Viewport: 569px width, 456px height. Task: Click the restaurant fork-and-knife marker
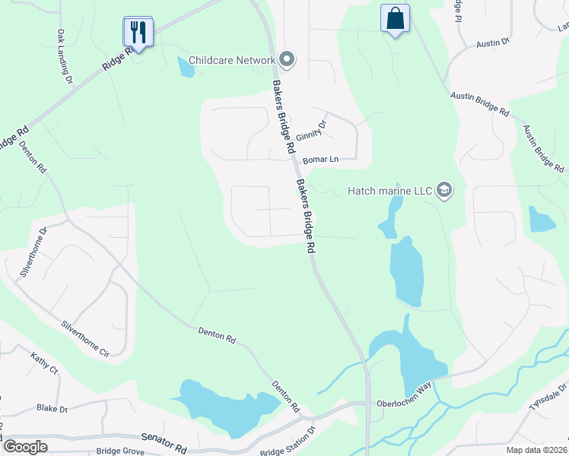[x=138, y=32]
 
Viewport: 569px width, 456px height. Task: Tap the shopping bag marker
[x=395, y=19]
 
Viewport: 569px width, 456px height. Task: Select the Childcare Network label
[x=231, y=60]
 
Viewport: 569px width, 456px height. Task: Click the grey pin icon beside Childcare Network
[x=286, y=59]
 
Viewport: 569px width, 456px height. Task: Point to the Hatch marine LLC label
[x=389, y=190]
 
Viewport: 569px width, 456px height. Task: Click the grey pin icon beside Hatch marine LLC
[x=444, y=190]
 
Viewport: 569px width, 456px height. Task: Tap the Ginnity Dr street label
[x=311, y=130]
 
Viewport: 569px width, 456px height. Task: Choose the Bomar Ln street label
[x=319, y=160]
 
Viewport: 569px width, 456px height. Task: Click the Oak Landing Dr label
[x=64, y=56]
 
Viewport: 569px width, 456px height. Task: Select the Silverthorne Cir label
[x=85, y=338]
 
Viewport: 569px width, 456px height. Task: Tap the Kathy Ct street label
[x=44, y=363]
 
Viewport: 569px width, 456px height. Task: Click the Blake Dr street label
[x=52, y=408]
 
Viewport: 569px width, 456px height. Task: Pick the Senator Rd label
[x=164, y=439]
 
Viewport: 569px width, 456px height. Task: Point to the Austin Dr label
[x=493, y=44]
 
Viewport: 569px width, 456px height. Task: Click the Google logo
[x=25, y=446]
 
